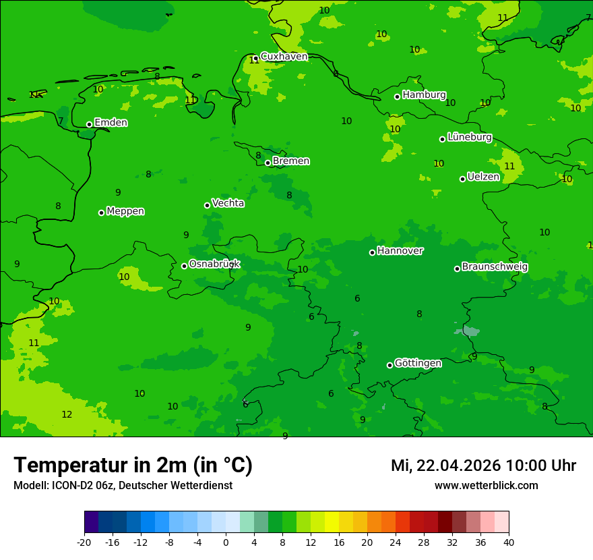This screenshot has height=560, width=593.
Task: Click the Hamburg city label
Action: pos(424,95)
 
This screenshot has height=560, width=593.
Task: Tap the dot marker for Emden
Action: pos(89,124)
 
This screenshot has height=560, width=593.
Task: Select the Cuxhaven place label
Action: pos(284,57)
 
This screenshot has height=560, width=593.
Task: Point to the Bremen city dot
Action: pos(268,163)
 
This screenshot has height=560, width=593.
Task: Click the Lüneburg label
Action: pos(469,138)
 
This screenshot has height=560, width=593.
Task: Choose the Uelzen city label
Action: pos(483,177)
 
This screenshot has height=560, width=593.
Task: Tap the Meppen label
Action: pos(125,211)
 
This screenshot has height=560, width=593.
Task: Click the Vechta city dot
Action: pos(207,205)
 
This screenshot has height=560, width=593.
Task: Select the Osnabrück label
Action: pos(214,264)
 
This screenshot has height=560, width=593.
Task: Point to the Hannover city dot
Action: pos(372,252)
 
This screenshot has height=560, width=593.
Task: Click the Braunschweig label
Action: pos(495,267)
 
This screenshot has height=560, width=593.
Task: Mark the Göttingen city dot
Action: pos(389,365)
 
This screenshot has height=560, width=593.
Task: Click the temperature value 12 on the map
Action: pos(67,414)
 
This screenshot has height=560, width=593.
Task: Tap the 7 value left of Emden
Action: pos(61,121)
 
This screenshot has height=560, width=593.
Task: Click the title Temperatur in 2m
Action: pos(133,465)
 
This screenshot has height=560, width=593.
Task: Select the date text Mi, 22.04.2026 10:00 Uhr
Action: pos(483,466)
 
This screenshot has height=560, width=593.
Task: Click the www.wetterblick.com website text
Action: pos(486,486)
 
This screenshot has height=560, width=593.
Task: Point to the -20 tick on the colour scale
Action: pos(84,542)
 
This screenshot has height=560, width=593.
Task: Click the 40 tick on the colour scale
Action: pos(509,542)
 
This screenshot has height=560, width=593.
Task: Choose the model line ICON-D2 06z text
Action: pos(123,486)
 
